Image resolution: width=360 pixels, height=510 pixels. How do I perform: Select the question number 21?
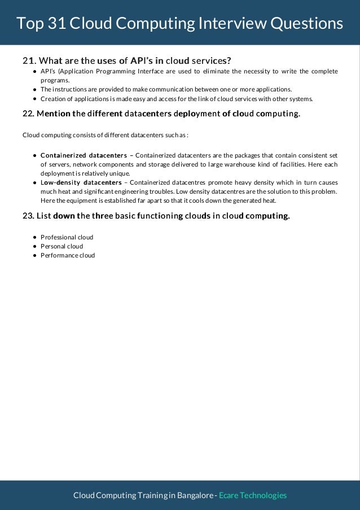(x=28, y=60)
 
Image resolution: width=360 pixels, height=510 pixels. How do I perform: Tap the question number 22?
(x=28, y=114)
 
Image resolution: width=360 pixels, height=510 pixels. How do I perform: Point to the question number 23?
(x=28, y=216)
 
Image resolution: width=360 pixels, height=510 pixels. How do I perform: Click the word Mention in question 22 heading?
(x=54, y=114)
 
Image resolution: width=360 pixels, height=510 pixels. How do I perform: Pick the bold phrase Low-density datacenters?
(x=81, y=182)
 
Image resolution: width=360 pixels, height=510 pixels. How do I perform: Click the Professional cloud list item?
(x=67, y=237)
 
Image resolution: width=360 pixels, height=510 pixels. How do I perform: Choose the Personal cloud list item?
(x=62, y=246)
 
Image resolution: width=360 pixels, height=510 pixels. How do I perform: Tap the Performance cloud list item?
(x=68, y=255)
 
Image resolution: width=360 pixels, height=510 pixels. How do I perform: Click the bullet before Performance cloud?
(x=34, y=255)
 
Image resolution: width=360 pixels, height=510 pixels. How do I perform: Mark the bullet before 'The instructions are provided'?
(x=34, y=89)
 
